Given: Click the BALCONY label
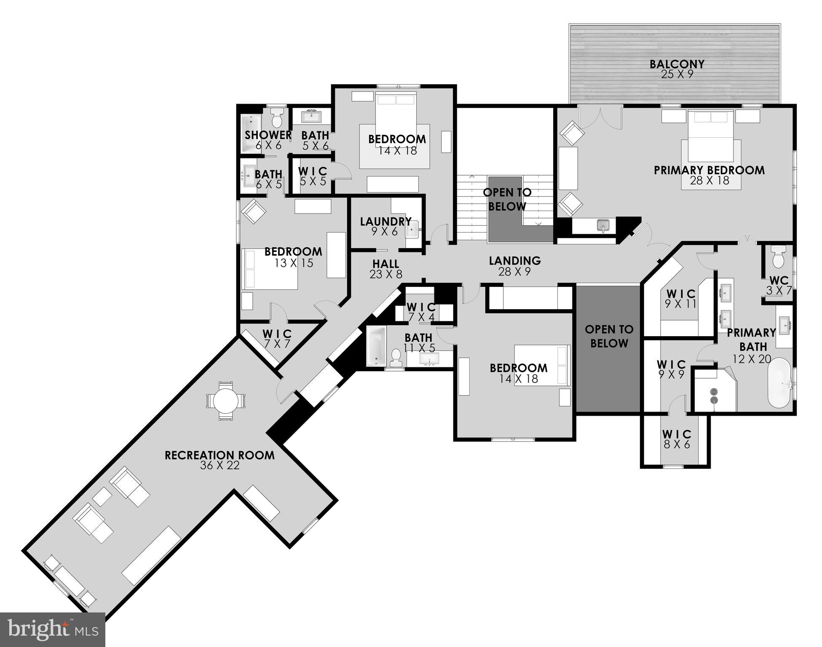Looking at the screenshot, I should pos(677,64).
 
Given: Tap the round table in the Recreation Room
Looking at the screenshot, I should pos(225,401).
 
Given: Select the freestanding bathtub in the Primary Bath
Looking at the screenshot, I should pos(779,383).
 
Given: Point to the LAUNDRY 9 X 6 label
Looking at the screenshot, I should pos(385,222).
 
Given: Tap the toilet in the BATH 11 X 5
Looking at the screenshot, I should pos(396,358).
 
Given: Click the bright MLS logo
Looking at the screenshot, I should pos(52,629).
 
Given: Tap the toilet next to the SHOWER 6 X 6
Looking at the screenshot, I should pos(277,118).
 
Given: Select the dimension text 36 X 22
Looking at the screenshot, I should pos(220,465).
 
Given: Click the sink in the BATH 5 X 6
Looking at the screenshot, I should pos(311,115).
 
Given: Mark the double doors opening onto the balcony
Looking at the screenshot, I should pos(600,118).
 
